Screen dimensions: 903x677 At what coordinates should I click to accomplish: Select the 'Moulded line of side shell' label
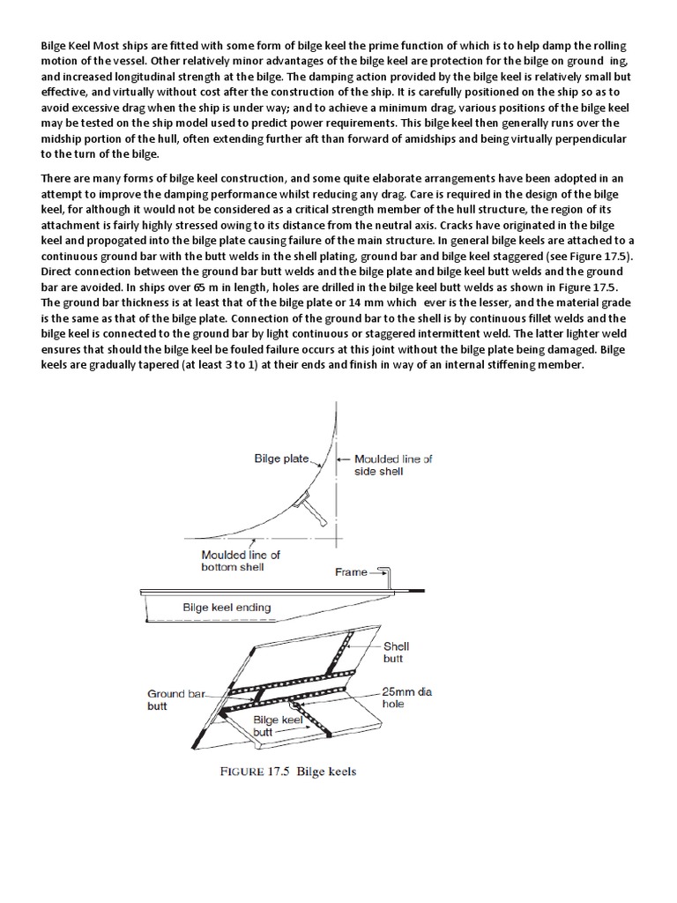click(393, 465)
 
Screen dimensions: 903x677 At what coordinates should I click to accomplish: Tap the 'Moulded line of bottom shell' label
click(241, 560)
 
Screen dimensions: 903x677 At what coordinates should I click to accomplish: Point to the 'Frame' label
click(350, 572)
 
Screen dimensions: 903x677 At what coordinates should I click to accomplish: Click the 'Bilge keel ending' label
click(227, 607)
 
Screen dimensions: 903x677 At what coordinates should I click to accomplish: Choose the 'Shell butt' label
click(396, 652)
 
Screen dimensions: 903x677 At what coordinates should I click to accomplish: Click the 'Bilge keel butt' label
click(279, 726)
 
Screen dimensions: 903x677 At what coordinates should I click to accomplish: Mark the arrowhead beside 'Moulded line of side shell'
click(346, 459)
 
